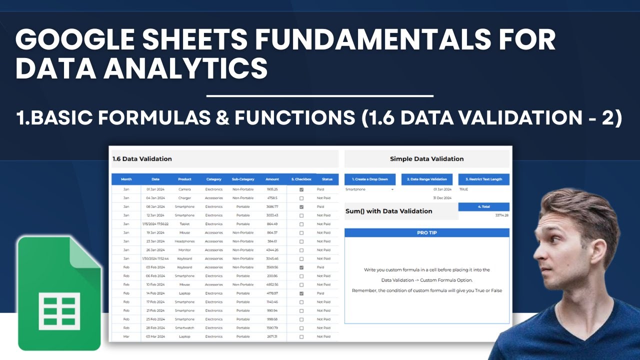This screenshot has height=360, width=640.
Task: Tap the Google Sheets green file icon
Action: (x=59, y=293)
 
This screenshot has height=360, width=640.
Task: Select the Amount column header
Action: (x=272, y=179)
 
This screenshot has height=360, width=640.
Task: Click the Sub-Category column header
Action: (x=243, y=179)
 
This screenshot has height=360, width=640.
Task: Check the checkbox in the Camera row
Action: (x=301, y=189)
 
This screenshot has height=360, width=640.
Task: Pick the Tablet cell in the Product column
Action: (x=184, y=224)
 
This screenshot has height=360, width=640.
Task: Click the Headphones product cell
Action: (x=184, y=241)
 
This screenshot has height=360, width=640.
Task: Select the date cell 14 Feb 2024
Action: (x=155, y=293)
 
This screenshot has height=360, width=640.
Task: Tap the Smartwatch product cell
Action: (x=184, y=328)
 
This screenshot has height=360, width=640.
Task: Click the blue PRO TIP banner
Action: (x=426, y=232)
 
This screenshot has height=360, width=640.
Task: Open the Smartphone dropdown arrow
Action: (x=392, y=189)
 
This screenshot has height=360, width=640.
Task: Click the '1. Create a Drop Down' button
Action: (x=370, y=179)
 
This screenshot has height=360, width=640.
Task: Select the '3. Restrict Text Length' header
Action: (x=483, y=179)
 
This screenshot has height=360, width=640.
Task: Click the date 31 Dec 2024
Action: (x=442, y=198)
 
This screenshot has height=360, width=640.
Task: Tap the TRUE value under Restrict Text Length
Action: (x=463, y=189)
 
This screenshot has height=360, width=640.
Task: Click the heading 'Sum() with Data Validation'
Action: (x=388, y=211)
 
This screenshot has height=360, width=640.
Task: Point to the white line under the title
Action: (x=319, y=95)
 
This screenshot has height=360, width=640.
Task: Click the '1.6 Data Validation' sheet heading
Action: (x=142, y=159)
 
